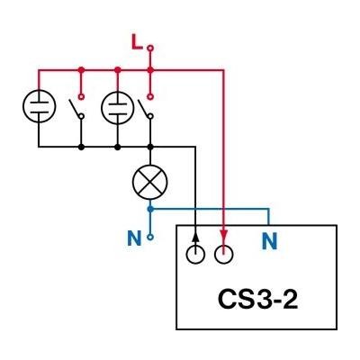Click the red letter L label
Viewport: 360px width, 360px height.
click(x=137, y=42)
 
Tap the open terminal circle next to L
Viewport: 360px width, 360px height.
click(x=150, y=48)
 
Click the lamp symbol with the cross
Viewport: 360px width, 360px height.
click(x=150, y=181)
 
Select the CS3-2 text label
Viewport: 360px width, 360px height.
click(x=258, y=299)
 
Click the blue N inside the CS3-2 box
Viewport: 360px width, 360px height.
click(x=269, y=240)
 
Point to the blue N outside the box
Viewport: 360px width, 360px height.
click(x=134, y=238)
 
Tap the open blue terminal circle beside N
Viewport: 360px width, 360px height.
click(x=150, y=238)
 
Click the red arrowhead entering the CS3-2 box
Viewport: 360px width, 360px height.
click(x=224, y=235)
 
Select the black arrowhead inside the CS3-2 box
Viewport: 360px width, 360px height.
click(x=195, y=238)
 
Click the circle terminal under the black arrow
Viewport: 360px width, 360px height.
click(x=195, y=255)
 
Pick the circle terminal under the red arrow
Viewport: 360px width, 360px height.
click(x=224, y=255)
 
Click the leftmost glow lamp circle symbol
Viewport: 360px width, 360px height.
click(x=39, y=106)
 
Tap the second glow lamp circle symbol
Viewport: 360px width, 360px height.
click(x=118, y=107)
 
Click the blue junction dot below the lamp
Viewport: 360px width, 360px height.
click(x=151, y=209)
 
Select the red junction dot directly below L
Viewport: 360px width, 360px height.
click(x=150, y=70)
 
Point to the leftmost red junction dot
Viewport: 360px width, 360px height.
click(x=81, y=70)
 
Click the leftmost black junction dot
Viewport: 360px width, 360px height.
click(x=81, y=147)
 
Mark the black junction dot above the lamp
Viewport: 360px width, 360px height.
click(x=150, y=147)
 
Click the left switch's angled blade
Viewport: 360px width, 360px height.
click(x=74, y=107)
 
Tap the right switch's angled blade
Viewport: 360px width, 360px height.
click(x=143, y=107)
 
